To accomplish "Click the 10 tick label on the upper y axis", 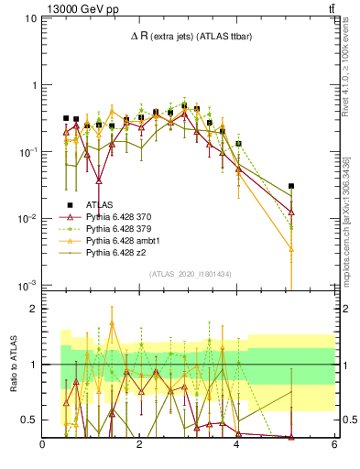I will tap(28, 18).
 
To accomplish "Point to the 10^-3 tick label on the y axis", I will tap(26, 286).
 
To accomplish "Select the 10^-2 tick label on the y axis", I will tap(26, 219).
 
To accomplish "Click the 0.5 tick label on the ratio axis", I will tap(27, 420).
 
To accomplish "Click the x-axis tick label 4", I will tap(237, 445).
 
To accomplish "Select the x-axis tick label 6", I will tap(334, 445).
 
